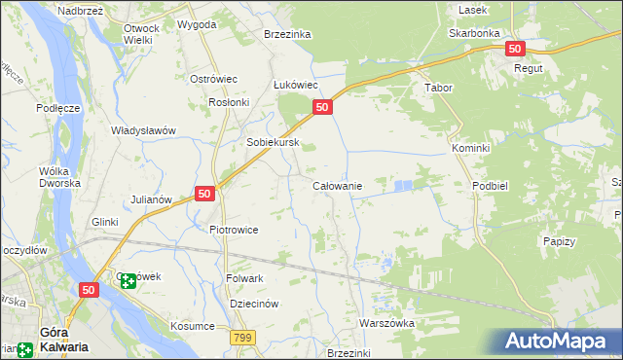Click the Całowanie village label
337,185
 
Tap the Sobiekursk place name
272,142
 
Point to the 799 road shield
243,337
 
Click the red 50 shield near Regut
515,49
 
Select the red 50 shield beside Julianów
204,194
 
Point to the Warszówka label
387,323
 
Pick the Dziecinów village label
254,304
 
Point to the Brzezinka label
287,34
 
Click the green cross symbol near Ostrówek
128,280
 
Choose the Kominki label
470,147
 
